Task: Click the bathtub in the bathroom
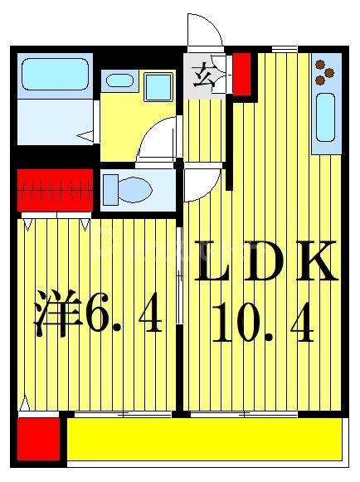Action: (54, 75)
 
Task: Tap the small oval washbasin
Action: (119, 81)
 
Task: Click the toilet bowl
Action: (133, 188)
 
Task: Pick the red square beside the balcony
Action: (37, 439)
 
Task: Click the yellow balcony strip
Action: (203, 439)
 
